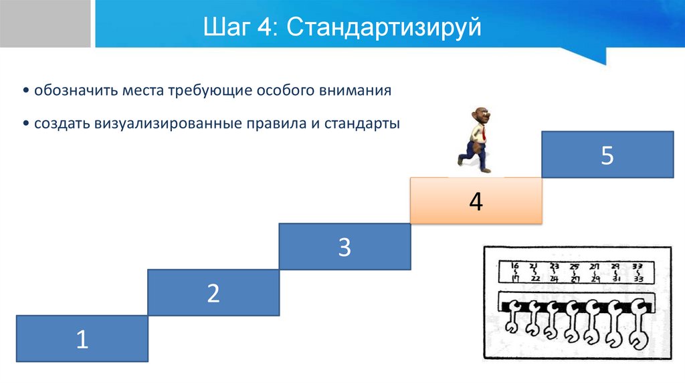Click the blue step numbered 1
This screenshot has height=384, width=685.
[82, 339]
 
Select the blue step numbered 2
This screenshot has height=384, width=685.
[213, 292]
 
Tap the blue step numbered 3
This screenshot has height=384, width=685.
[344, 246]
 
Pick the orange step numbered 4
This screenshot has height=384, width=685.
[475, 201]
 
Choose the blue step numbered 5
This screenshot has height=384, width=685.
[607, 155]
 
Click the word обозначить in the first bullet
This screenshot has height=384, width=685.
[76, 90]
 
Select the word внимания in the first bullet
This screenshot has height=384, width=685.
[357, 90]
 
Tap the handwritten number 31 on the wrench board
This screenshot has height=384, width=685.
[617, 279]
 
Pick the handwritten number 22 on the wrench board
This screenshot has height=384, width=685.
[536, 279]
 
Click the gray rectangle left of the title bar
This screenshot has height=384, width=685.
[45, 23]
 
